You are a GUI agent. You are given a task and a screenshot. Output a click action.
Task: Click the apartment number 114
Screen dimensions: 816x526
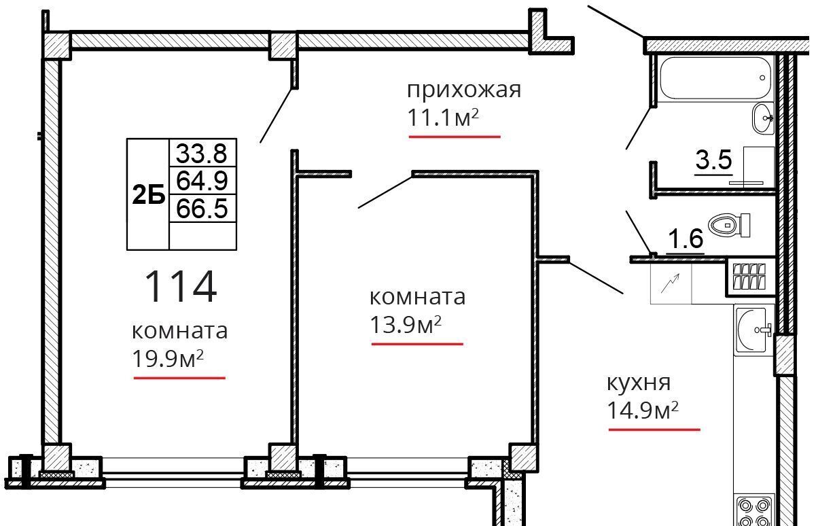(181, 286)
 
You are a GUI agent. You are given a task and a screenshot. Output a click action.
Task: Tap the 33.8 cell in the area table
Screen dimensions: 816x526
(202, 153)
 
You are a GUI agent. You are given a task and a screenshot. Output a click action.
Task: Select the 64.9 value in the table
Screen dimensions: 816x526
(202, 181)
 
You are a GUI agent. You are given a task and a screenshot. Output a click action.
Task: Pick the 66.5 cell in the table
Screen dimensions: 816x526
(202, 209)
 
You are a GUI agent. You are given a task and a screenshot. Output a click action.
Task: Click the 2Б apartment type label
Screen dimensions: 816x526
(149, 194)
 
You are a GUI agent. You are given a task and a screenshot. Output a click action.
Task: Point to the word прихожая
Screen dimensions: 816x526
(464, 90)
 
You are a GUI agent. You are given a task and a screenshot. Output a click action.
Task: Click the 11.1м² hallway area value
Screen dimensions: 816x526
(442, 118)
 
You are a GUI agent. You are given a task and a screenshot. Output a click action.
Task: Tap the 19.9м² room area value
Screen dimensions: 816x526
(168, 359)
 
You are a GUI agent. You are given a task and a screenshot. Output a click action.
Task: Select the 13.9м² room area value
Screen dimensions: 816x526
(406, 325)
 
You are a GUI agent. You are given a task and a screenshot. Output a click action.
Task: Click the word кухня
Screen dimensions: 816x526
(639, 383)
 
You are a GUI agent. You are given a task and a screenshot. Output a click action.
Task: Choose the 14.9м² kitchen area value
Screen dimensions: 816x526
(643, 410)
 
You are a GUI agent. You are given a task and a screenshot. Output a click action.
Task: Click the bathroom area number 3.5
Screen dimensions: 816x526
(713, 160)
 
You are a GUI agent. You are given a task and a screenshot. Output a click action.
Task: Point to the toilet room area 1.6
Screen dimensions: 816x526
(686, 239)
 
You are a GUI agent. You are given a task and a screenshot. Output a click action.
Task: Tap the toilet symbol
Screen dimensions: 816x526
(729, 225)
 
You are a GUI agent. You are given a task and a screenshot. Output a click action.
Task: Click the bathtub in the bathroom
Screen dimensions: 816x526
(715, 77)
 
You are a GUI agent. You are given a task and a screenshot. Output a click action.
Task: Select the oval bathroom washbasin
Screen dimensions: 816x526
(762, 118)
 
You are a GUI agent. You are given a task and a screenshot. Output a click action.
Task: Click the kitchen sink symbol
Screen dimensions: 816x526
(754, 330)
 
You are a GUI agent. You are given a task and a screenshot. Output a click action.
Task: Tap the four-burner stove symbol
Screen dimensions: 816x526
(754, 510)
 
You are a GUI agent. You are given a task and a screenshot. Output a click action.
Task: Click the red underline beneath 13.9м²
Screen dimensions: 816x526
(417, 343)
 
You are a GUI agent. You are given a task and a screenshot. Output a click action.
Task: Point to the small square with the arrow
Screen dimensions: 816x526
(671, 283)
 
